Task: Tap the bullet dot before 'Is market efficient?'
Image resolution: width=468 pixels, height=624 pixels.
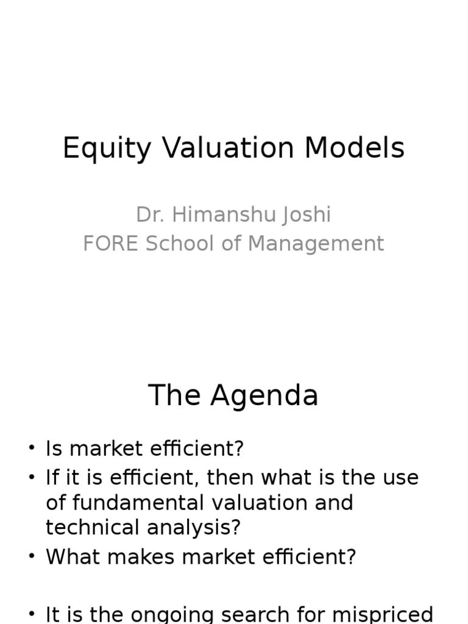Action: click(x=32, y=448)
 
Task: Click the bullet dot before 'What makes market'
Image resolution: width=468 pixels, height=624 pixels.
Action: click(x=32, y=557)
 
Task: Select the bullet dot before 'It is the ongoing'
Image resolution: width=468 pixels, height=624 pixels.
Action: click(x=32, y=614)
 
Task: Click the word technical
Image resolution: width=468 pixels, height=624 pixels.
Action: click(x=91, y=527)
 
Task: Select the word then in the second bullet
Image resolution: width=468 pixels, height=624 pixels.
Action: click(x=227, y=478)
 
